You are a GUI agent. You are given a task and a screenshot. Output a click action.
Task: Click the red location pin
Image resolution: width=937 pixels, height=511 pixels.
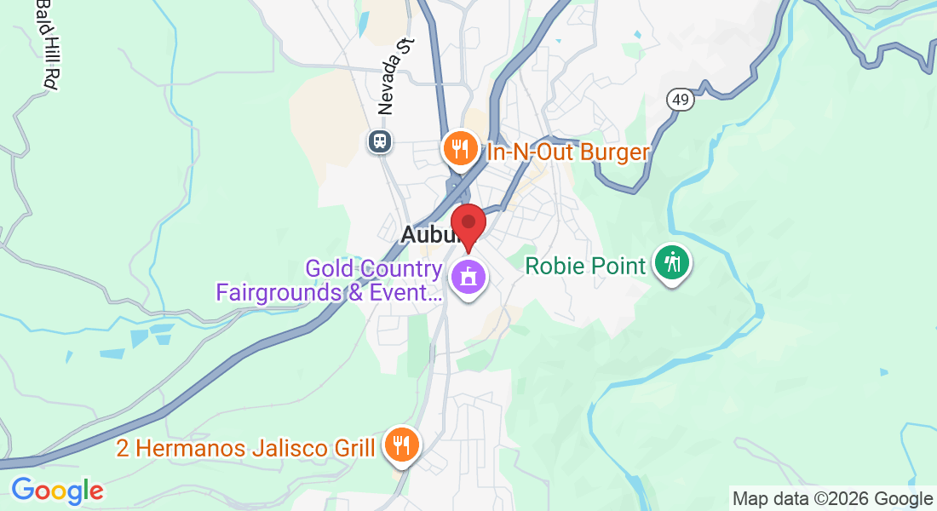click(468, 224)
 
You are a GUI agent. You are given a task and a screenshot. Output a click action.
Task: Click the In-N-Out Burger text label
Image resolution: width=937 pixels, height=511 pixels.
click(568, 153)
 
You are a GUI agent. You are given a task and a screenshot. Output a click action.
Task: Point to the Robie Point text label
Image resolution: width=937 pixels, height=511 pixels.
click(585, 266)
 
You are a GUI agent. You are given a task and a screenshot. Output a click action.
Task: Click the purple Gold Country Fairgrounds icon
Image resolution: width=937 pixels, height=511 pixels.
click(468, 277)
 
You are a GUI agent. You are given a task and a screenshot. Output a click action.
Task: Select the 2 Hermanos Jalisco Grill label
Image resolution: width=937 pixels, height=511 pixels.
click(245, 448)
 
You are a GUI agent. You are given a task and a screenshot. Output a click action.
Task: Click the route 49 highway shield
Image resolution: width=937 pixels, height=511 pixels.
click(681, 100)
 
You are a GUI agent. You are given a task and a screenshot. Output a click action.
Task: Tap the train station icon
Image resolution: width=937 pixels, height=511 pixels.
click(380, 141)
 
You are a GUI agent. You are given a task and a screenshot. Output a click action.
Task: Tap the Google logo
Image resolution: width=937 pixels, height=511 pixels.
click(57, 491)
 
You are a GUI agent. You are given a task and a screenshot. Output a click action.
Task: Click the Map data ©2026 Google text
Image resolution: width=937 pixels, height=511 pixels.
click(832, 499)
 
